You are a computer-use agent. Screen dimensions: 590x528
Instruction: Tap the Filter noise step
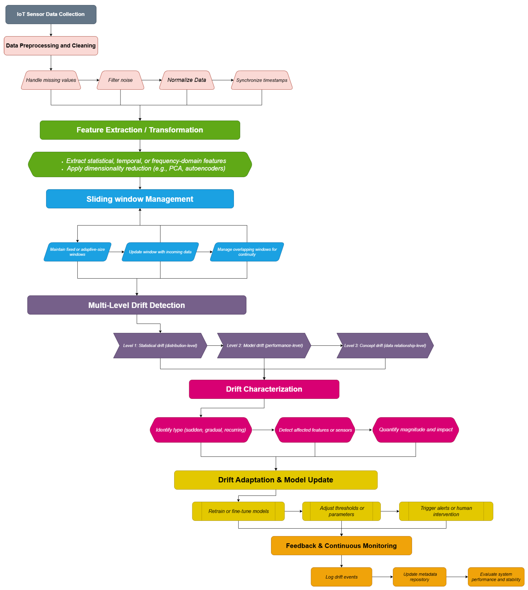point(120,80)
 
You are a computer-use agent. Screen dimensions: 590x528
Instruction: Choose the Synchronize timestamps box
point(262,80)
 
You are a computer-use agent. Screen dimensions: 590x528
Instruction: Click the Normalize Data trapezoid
point(187,80)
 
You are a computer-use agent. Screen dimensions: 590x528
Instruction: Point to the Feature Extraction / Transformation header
point(140,130)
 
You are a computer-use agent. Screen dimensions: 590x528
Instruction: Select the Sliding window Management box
point(140,199)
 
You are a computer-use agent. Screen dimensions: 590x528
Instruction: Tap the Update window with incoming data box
point(160,252)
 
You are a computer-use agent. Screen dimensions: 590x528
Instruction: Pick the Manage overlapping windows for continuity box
point(247,252)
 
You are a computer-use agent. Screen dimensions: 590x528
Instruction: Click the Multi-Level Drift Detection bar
point(137,305)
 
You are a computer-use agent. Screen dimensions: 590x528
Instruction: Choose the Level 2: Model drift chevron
point(264,345)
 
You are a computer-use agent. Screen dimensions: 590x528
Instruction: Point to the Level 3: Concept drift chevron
point(385,345)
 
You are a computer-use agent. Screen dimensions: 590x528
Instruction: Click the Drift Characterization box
point(264,389)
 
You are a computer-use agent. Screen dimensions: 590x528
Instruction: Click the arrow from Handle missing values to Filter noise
point(89,80)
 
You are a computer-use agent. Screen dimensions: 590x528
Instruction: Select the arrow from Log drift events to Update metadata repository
point(382,577)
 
